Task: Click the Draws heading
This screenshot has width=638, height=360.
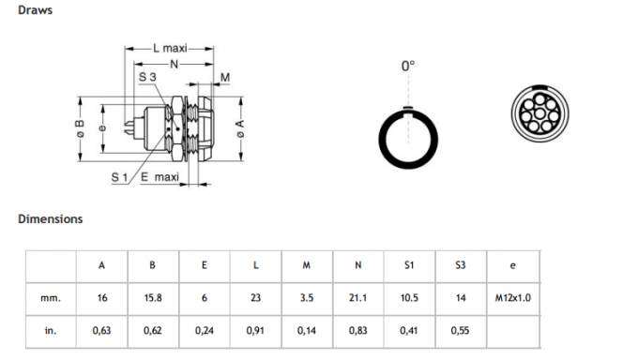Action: (x=35, y=11)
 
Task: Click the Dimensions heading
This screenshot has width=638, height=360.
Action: (x=50, y=218)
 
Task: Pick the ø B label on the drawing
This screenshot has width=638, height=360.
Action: (x=81, y=131)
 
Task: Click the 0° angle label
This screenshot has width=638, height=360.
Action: (x=407, y=66)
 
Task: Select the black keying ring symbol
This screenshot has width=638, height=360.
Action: (x=407, y=136)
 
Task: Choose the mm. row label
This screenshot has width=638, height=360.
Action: (x=51, y=298)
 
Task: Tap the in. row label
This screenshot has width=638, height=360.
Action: (x=51, y=331)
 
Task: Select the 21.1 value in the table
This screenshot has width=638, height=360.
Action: (x=357, y=298)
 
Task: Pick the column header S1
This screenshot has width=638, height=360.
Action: (x=408, y=265)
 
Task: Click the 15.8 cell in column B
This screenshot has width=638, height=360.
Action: (x=152, y=298)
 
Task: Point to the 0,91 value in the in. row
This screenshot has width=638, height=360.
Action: (x=255, y=331)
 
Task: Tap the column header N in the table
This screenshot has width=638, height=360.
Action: (x=357, y=265)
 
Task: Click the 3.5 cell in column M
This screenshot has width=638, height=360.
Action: (x=306, y=298)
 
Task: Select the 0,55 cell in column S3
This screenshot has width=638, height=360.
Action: (x=460, y=331)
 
